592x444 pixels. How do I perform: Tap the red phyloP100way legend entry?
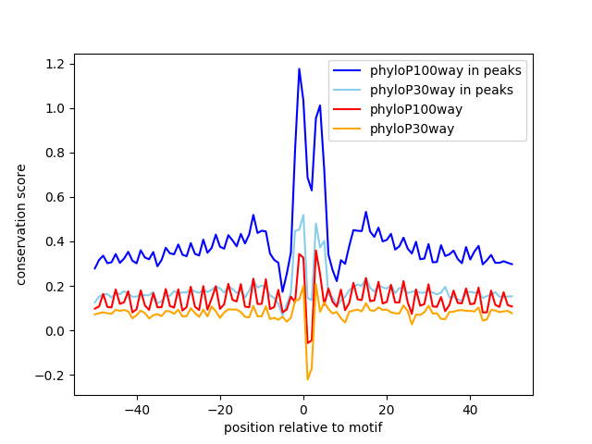(425, 109)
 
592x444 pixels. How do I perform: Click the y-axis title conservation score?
(21, 225)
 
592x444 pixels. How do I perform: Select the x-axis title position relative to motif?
(303, 428)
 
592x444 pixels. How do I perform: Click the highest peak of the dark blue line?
(299, 68)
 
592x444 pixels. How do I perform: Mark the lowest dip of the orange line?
(307, 379)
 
